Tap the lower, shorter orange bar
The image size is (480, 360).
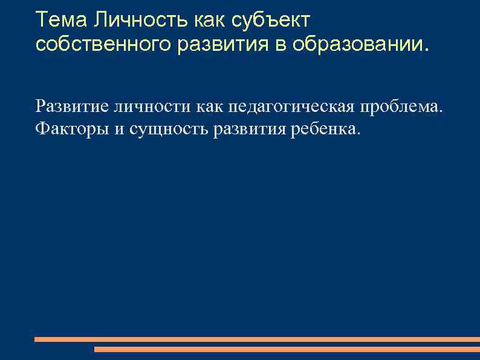pyautogui.click(x=287, y=349)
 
